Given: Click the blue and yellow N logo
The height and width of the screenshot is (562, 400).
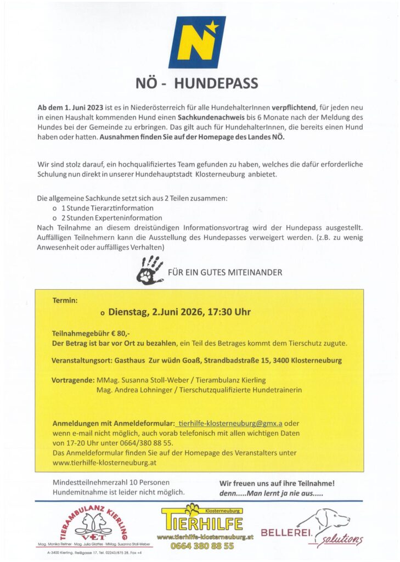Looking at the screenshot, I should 200,38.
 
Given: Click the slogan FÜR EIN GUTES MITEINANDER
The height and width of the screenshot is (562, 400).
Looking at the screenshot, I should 225,272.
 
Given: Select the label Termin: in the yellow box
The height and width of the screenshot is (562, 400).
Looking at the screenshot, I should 65,301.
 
